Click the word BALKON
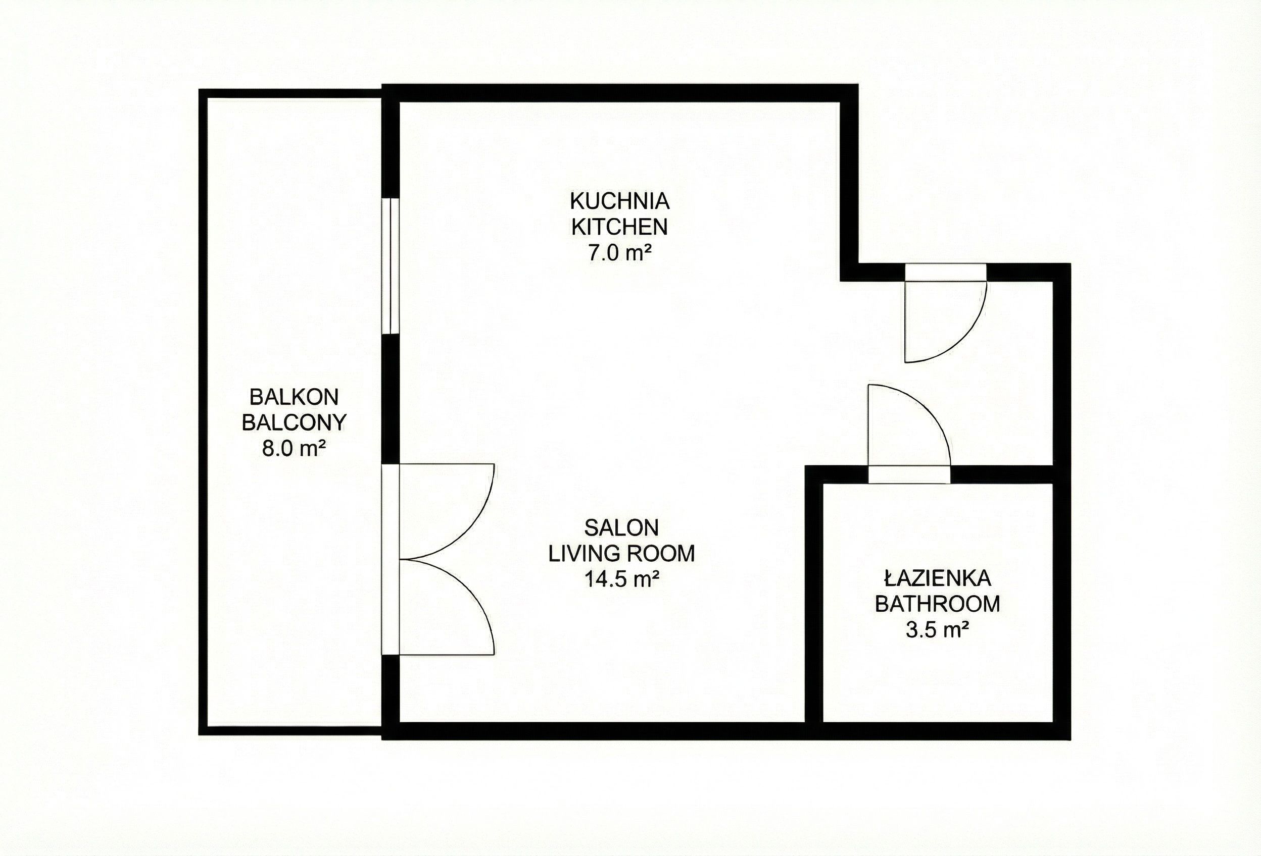294,397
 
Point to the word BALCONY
294,422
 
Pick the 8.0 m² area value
294,448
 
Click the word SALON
621,527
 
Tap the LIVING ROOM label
621,554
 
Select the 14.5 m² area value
621,579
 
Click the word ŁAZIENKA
937,578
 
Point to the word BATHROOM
937,604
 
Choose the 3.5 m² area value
937,630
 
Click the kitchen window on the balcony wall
391,265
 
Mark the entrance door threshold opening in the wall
945,272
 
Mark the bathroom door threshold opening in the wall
909,474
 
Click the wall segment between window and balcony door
391,398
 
